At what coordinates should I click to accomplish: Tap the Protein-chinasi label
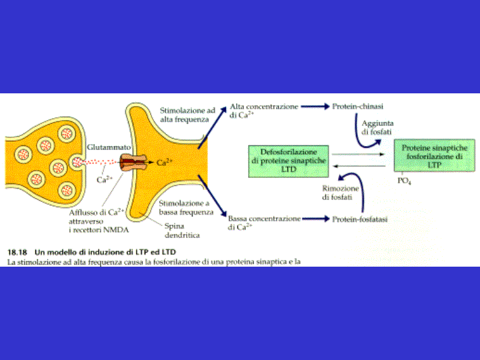pyautogui.click(x=357, y=107)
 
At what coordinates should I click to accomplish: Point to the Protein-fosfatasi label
pyautogui.click(x=360, y=218)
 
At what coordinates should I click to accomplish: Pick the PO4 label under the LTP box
pyautogui.click(x=404, y=180)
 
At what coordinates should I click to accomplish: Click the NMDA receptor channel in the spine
pyautogui.click(x=131, y=161)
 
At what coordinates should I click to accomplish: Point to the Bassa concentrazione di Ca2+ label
pyautogui.click(x=261, y=223)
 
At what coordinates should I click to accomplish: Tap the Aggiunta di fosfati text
pyautogui.click(x=378, y=127)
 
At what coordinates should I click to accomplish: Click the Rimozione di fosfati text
pyautogui.click(x=340, y=193)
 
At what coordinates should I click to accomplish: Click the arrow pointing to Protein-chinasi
pyautogui.click(x=314, y=107)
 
